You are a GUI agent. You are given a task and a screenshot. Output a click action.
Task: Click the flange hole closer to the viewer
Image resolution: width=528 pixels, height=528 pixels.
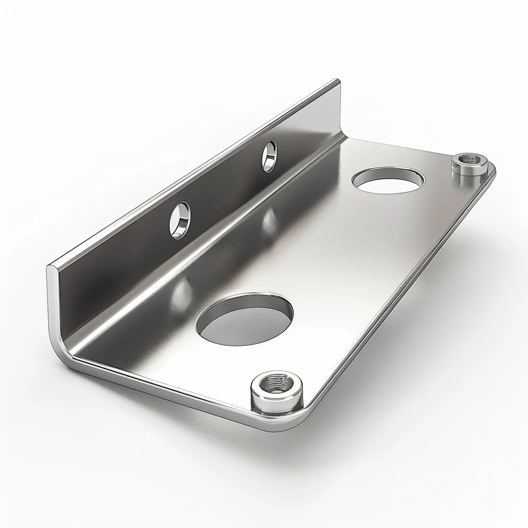click(x=179, y=220)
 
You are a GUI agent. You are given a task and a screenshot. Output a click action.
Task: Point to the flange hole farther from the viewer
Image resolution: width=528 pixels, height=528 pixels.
click(x=269, y=156)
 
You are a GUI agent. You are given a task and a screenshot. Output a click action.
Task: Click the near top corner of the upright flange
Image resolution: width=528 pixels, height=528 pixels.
click(x=50, y=268)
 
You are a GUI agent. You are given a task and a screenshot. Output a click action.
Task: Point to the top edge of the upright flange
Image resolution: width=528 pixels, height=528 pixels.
click(x=196, y=173)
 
